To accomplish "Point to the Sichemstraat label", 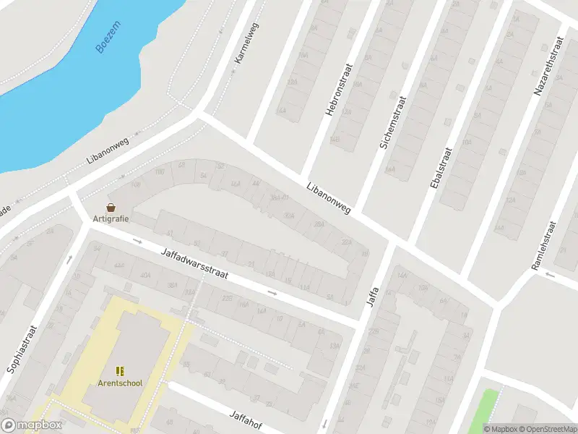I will click(x=393, y=122).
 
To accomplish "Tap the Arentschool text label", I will click(x=120, y=383).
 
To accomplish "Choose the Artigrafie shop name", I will click(x=111, y=218).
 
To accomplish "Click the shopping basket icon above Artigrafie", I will click(x=111, y=207).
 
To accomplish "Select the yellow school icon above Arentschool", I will click(x=120, y=370).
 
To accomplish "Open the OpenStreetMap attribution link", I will click(x=546, y=429).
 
